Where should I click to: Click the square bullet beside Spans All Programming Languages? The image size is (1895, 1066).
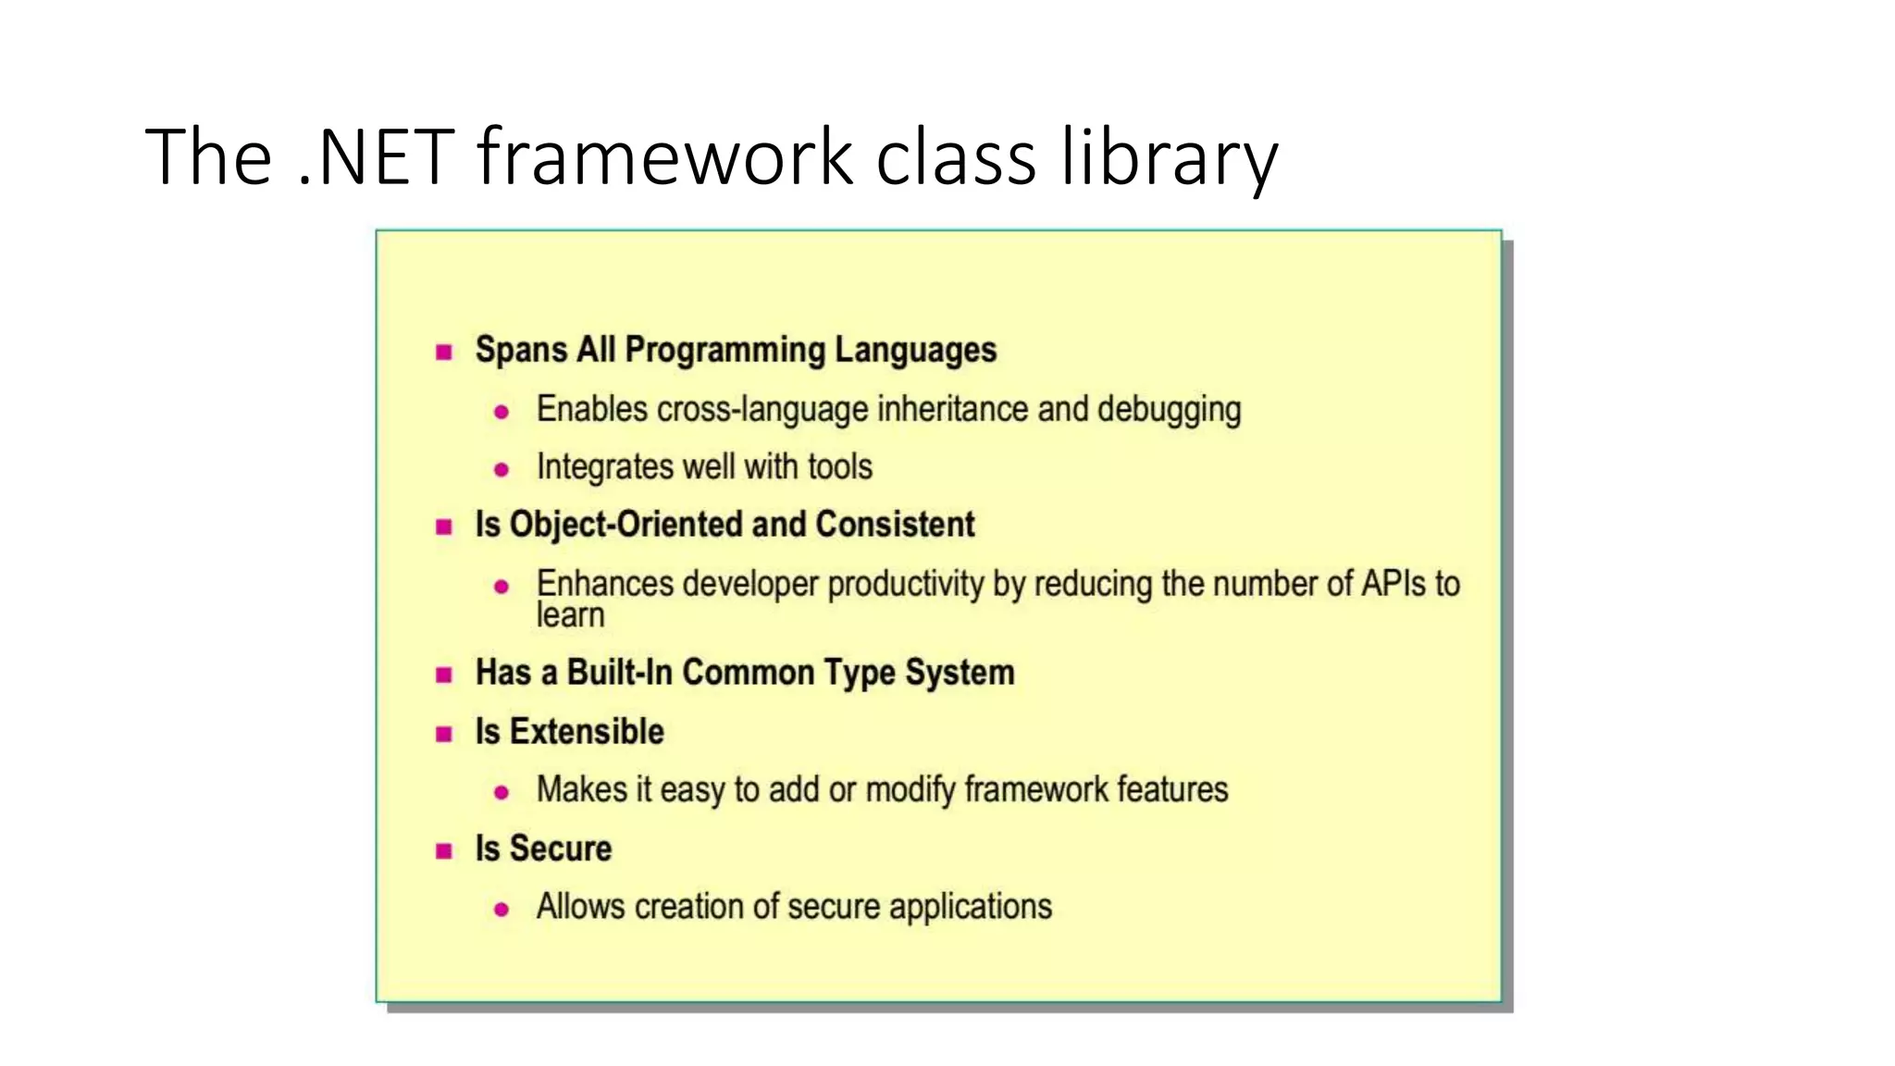pos(444,352)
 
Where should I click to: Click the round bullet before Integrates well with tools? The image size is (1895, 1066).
pos(502,470)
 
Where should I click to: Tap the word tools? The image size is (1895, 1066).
pos(839,466)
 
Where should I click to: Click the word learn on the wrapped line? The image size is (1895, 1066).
pos(570,615)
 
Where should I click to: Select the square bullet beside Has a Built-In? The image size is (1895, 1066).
pos(444,675)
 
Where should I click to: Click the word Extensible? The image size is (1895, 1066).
pos(587,732)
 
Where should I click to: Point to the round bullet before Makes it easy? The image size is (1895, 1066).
pos(502,793)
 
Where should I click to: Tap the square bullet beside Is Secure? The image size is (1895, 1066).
pos(444,851)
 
